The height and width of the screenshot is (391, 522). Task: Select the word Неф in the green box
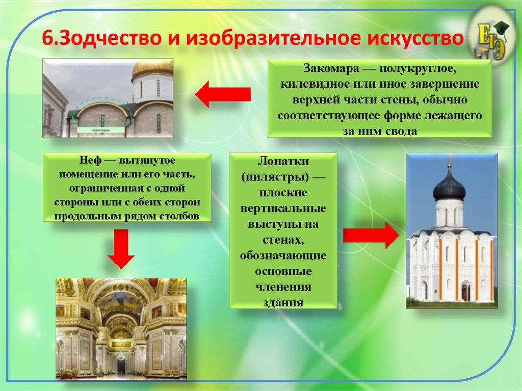pos(89,160)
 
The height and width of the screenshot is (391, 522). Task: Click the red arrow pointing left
pos(223,95)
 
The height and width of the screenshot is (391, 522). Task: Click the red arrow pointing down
pos(120,249)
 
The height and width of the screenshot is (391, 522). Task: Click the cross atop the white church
pos(449,162)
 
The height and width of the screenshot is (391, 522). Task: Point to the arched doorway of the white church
pos(465,292)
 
